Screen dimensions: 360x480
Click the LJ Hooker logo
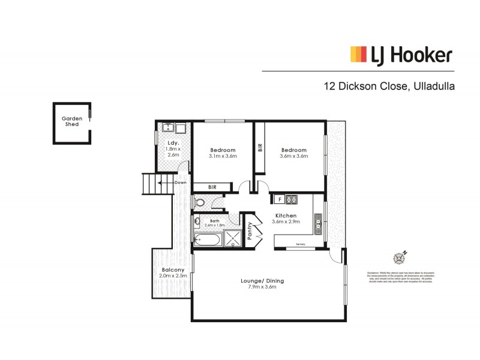click(x=401, y=55)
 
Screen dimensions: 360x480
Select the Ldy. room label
click(x=173, y=142)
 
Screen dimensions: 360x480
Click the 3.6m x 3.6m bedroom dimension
click(x=293, y=156)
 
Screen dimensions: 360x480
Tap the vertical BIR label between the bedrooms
click(x=260, y=147)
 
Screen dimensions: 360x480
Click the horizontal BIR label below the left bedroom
click(x=212, y=187)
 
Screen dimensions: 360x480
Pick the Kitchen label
click(x=286, y=215)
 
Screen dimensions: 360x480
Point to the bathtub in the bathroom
click(x=208, y=241)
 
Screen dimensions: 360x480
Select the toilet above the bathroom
click(x=200, y=203)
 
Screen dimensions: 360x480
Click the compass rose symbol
click(x=400, y=257)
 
